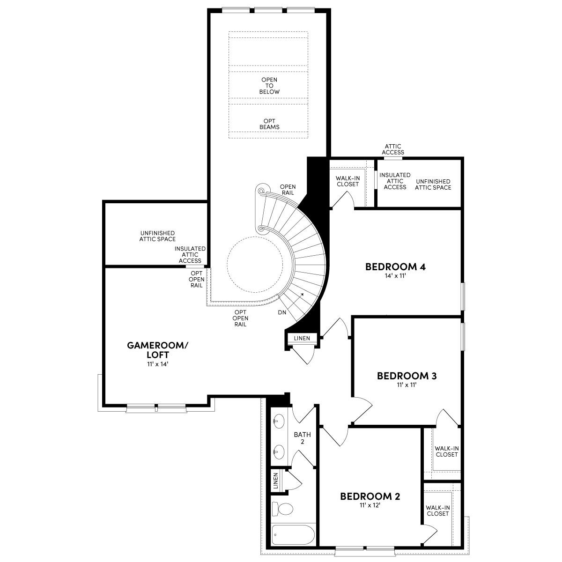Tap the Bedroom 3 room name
tap(407, 376)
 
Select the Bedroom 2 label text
tap(370, 496)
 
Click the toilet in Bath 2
tap(283, 509)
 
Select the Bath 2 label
tap(302, 438)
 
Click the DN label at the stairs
tap(282, 312)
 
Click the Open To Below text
tap(269, 86)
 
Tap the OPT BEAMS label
tap(269, 124)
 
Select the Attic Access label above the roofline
tap(392, 149)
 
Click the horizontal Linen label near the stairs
tap(301, 338)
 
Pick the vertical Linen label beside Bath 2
tap(275, 480)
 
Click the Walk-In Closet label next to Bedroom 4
tap(347, 181)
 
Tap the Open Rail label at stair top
tap(288, 190)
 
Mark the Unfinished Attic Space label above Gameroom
tap(157, 236)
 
